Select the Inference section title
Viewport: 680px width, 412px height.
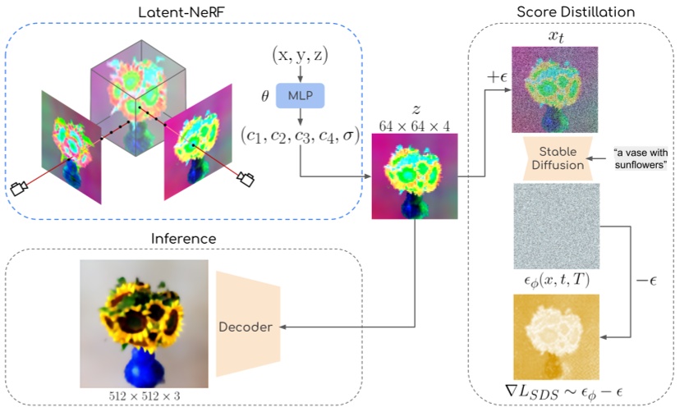click(x=183, y=239)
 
